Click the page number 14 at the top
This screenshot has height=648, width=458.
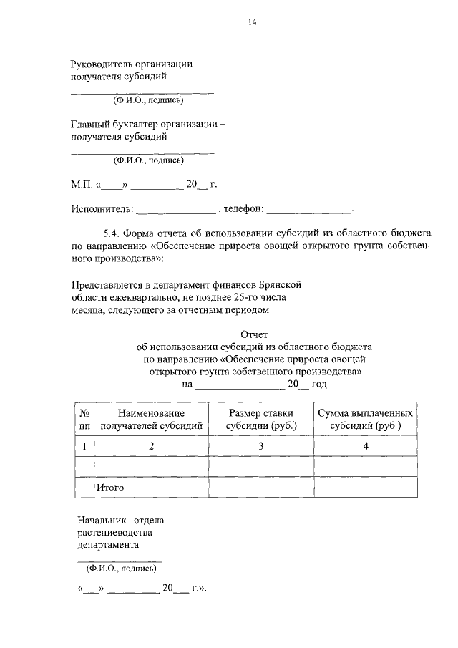click(253, 21)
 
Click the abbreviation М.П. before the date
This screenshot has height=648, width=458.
click(82, 185)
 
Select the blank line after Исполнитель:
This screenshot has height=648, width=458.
click(175, 211)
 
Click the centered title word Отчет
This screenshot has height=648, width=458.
click(254, 334)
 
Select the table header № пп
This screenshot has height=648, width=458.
click(84, 420)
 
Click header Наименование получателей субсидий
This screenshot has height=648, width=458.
click(152, 420)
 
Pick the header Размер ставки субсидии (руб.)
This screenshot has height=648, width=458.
click(261, 420)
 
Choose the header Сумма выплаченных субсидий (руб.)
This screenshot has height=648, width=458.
click(365, 420)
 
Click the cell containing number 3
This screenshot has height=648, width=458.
click(261, 446)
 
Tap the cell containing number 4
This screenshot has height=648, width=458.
click(365, 446)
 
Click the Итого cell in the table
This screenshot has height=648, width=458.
click(111, 488)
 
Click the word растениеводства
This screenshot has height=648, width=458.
click(114, 532)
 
